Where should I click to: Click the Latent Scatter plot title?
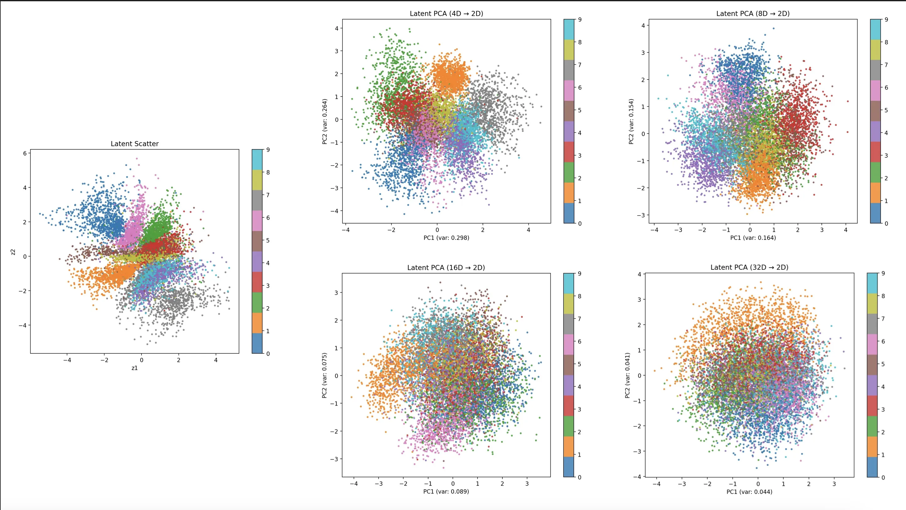134,143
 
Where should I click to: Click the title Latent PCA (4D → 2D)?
446,14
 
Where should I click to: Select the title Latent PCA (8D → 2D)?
753,14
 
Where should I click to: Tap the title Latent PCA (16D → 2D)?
446,267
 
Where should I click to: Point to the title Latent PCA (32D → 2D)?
749,267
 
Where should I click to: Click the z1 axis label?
134,368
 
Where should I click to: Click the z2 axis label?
13,252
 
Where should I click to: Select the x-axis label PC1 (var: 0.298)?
446,238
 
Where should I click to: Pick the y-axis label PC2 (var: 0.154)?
631,121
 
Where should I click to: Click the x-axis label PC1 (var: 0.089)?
446,491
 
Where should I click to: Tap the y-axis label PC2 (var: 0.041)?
627,375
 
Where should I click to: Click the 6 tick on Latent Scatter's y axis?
25,153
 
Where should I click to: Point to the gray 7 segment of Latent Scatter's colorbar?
257,200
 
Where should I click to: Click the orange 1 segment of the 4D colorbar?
569,193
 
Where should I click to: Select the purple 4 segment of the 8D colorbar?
875,131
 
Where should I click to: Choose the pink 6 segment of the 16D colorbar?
568,344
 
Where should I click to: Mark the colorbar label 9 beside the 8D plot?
886,20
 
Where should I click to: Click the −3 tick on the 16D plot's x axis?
378,484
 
